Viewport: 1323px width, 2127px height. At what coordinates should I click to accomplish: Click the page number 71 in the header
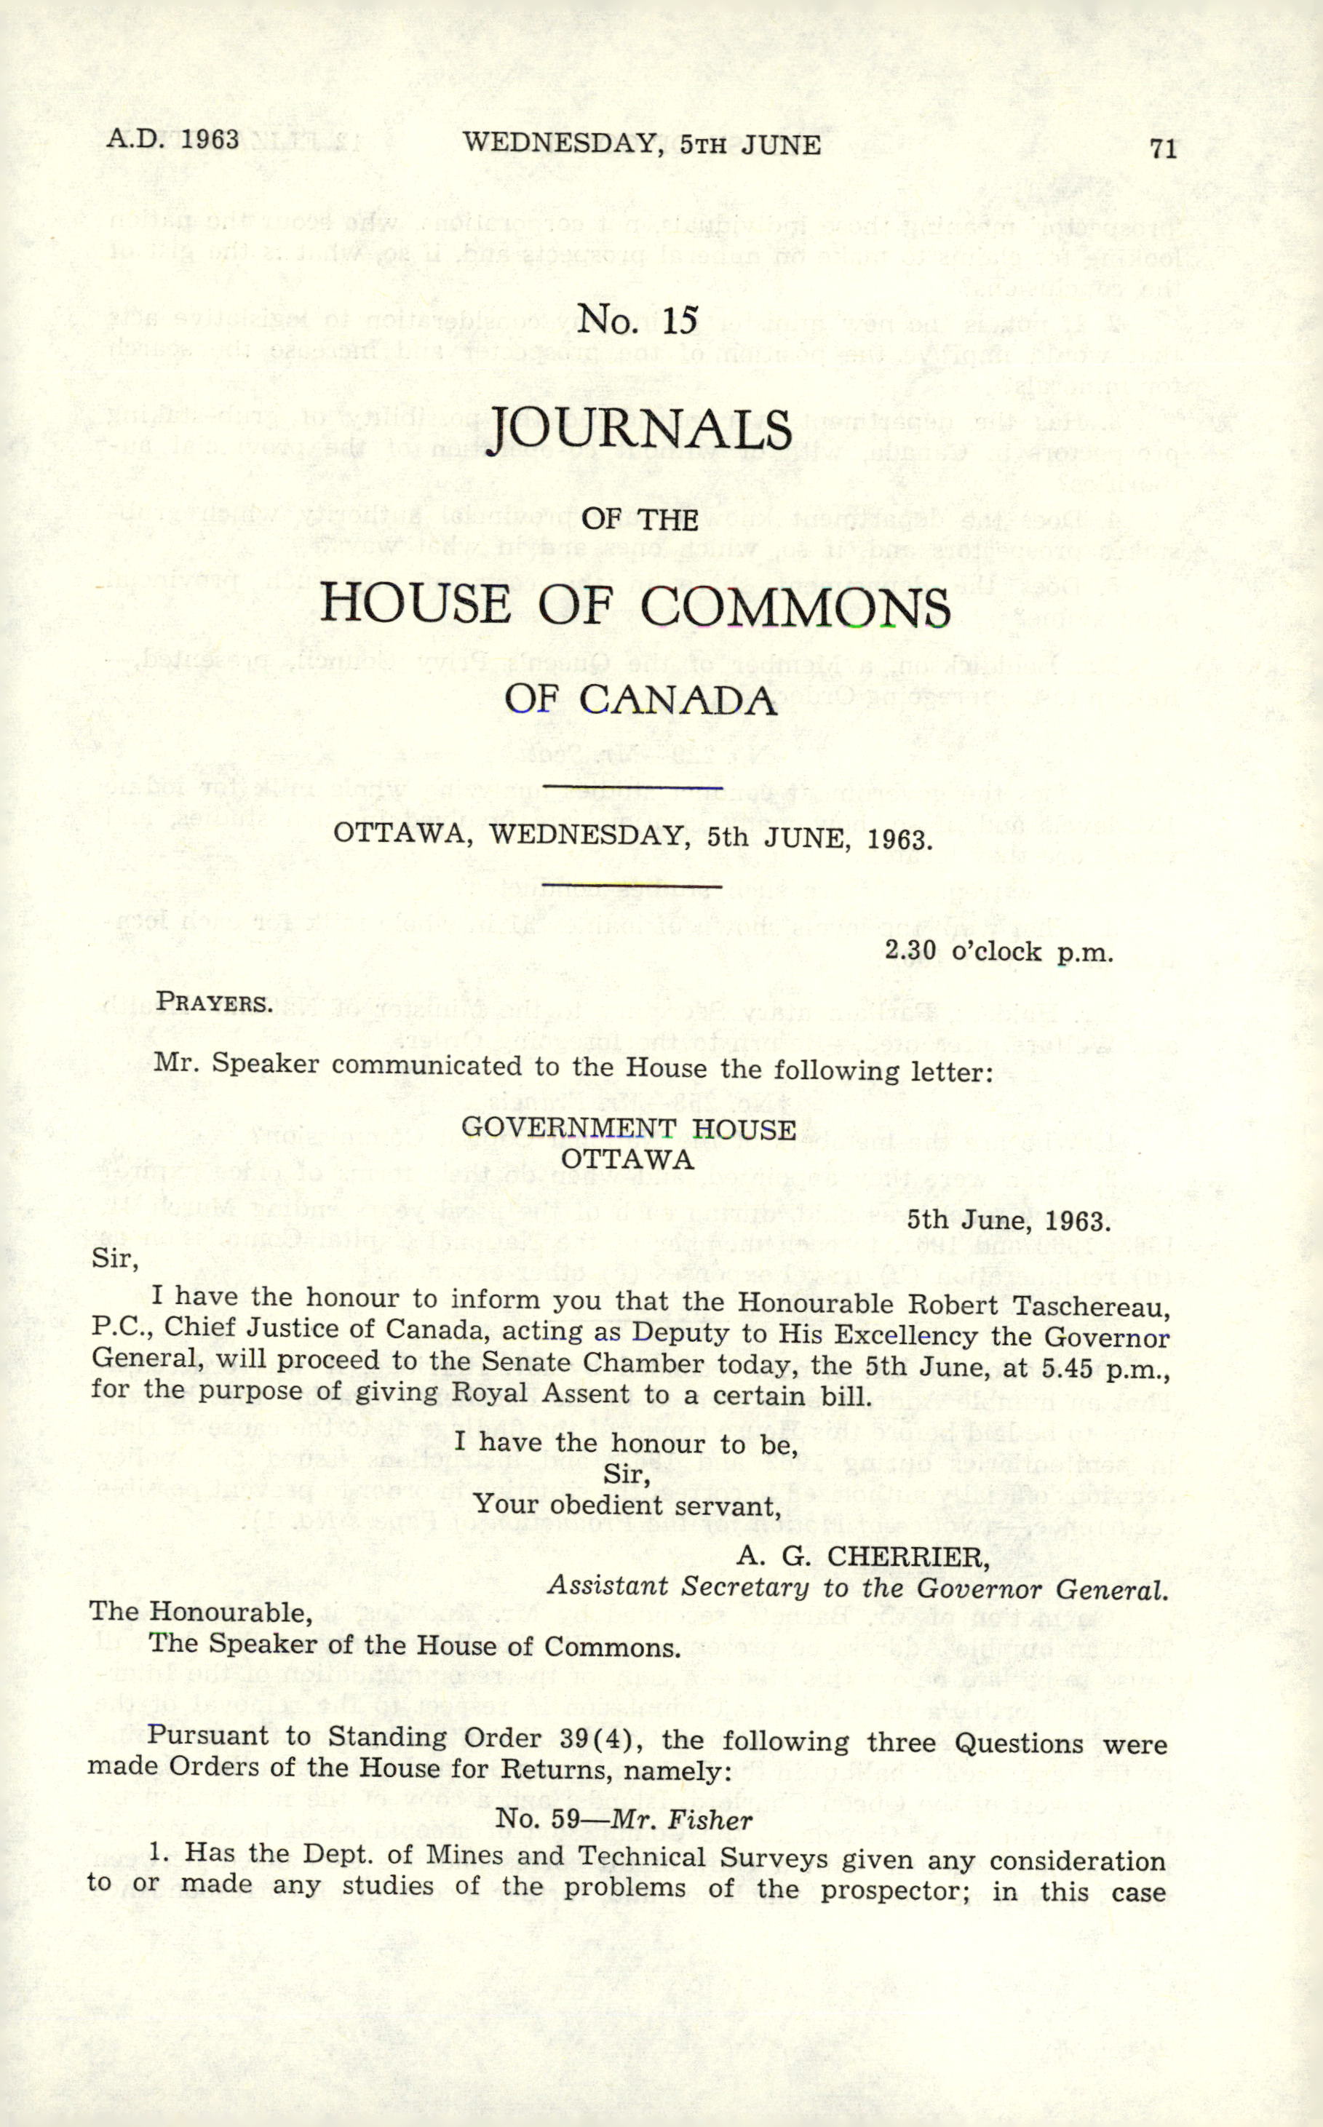pyautogui.click(x=1163, y=148)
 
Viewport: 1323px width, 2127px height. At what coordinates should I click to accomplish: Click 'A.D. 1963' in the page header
pyautogui.click(x=172, y=139)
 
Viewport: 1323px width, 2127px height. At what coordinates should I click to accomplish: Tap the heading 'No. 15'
pyautogui.click(x=638, y=319)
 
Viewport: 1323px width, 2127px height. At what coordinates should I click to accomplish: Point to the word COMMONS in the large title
pyautogui.click(x=795, y=606)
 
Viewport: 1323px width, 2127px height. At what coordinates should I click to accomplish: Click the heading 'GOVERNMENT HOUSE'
pyautogui.click(x=628, y=1128)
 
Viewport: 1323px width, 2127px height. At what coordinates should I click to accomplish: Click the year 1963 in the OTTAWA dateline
pyautogui.click(x=899, y=840)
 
